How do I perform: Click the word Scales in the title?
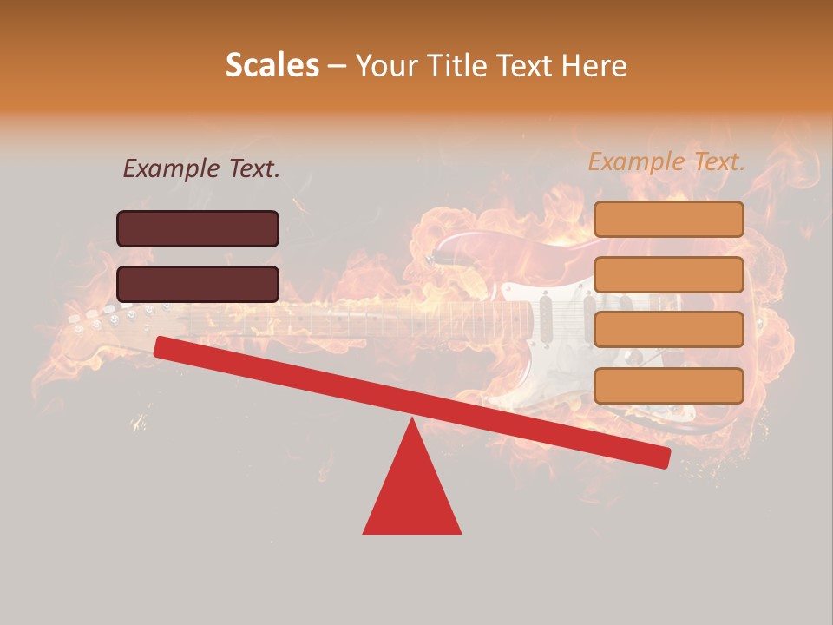pos(272,65)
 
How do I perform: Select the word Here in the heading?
pos(594,65)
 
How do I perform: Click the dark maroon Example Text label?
pos(201,169)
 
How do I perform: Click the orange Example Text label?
pos(666,161)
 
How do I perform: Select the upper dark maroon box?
pos(198,228)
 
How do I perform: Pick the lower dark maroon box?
pos(198,284)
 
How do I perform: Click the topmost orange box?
pos(668,220)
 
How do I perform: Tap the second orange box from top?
pos(668,274)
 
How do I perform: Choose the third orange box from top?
pos(668,330)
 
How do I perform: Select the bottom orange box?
pos(668,385)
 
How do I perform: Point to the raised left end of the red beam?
pos(165,346)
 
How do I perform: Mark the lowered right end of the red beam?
pos(659,457)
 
